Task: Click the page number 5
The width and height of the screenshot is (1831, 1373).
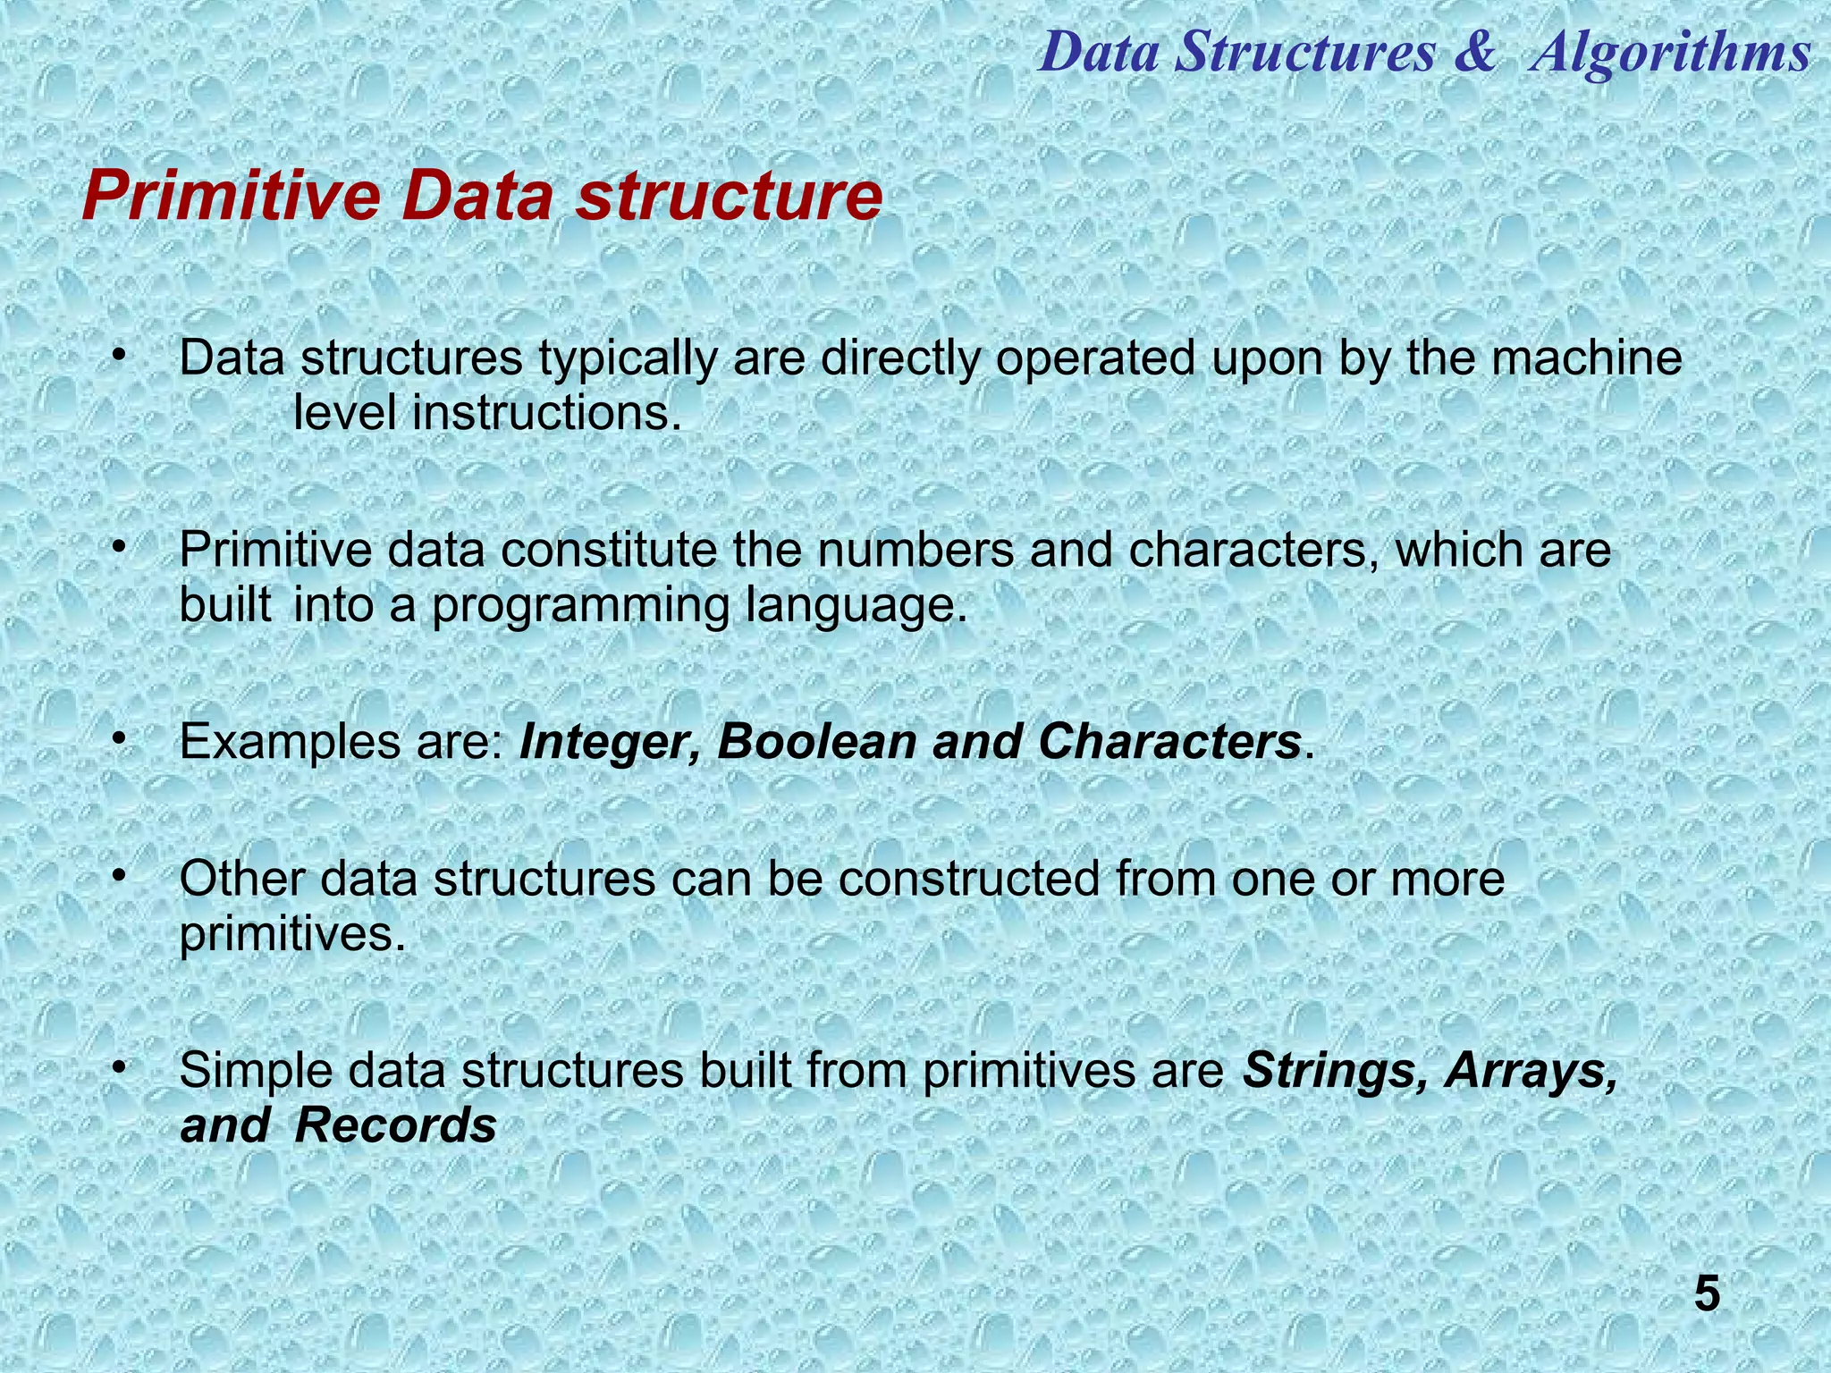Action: [x=1707, y=1294]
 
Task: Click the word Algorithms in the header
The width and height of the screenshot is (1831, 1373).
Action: [x=1669, y=52]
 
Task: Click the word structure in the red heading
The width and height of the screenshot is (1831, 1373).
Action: [x=729, y=198]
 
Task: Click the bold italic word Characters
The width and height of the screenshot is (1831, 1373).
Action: [x=1169, y=742]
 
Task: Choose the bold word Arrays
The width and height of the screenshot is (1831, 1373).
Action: [x=1531, y=1070]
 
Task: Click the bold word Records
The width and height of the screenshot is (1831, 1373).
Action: [x=395, y=1125]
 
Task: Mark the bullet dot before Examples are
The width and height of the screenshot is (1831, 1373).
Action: [x=117, y=738]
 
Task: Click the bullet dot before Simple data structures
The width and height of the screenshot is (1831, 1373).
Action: [x=117, y=1066]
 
